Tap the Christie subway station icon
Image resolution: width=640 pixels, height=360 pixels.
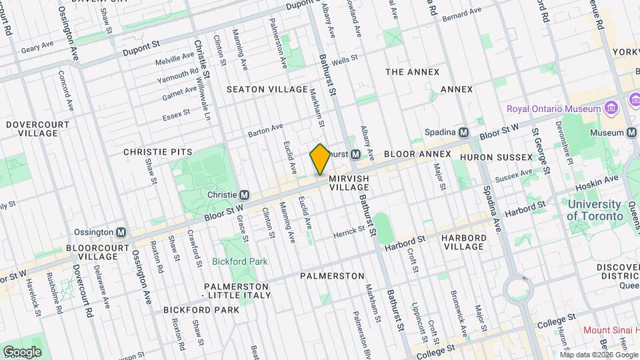pos(244,195)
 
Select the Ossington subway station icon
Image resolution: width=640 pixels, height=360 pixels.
pos(121,232)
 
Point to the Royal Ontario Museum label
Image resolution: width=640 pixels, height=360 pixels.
pos(553,109)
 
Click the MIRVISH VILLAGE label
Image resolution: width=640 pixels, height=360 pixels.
pos(349,183)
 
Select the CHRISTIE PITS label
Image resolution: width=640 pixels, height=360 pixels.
pos(149,152)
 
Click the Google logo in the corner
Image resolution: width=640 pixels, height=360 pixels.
pos(22,351)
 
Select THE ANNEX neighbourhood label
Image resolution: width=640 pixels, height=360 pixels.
pos(413,72)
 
